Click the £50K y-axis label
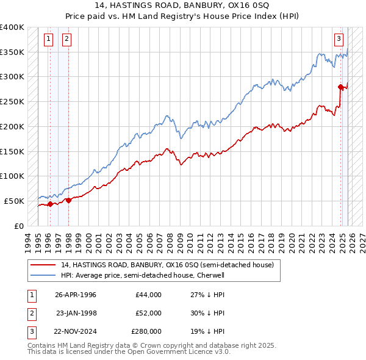click(15, 201)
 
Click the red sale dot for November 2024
click(340, 87)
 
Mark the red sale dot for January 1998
click(68, 200)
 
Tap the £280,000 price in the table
click(146, 331)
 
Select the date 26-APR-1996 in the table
click(76, 295)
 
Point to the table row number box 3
click(31, 331)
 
